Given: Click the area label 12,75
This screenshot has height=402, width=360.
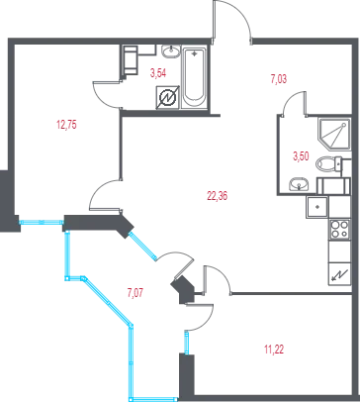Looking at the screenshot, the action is coord(66,125).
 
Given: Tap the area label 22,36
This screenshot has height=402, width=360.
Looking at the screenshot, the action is coord(218,196).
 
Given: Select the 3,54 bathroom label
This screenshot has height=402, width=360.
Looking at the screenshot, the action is coord(158,73).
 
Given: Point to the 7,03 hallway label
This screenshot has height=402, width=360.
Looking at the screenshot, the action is coord(279,79).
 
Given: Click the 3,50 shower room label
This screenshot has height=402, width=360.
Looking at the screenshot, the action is coord(301,155).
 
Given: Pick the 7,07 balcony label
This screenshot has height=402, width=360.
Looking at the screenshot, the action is coord(135,292).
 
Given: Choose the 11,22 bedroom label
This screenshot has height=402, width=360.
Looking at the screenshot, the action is coord(274,350).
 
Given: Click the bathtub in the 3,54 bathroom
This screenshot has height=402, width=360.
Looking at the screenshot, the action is coord(194,78).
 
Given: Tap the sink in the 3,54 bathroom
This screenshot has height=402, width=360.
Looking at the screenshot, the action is coord(171,51).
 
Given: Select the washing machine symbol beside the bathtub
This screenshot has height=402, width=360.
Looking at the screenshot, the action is coord(167,98).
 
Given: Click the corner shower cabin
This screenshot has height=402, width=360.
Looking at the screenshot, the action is coord(333,134).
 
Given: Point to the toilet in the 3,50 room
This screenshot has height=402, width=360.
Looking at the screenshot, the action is coord(329,163).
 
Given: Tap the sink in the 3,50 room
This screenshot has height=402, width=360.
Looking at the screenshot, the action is coord(299,184).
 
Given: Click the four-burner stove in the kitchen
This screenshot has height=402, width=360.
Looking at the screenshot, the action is coord(339,229).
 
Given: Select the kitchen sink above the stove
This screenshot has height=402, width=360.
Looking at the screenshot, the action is coord(317,207).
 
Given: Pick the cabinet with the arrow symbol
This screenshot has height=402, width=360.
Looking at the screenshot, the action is coord(339,273).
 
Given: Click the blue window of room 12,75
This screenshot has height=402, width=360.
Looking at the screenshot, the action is coord(42,222).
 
